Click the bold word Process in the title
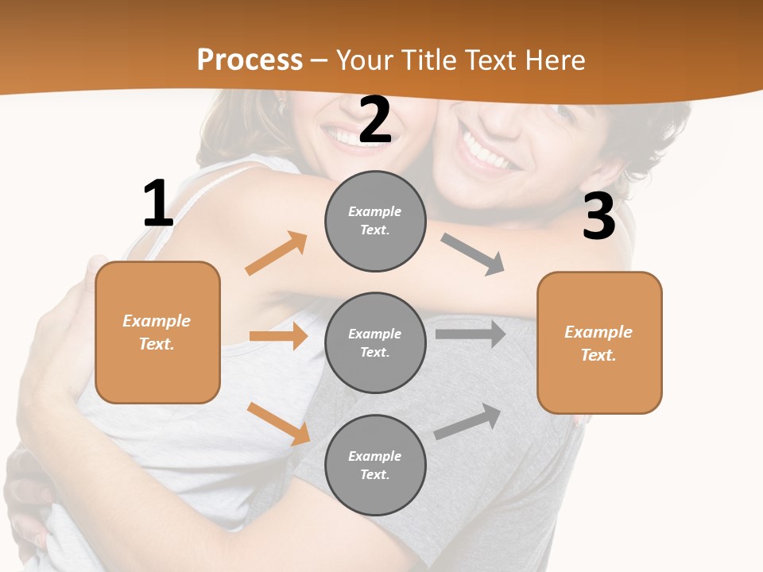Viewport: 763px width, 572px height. (x=250, y=60)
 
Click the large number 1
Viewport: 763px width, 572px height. (x=158, y=204)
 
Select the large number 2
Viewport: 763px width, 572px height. (x=375, y=120)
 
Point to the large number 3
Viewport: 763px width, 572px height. (x=598, y=216)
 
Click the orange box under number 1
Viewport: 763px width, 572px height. (x=157, y=332)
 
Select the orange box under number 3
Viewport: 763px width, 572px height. (x=599, y=342)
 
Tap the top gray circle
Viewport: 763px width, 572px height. (x=375, y=221)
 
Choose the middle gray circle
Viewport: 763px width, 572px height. (x=375, y=342)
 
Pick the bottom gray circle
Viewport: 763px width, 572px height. (x=375, y=465)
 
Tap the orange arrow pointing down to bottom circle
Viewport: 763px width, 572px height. (x=279, y=423)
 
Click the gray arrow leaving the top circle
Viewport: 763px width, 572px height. (x=473, y=254)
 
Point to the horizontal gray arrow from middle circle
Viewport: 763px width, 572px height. (x=470, y=334)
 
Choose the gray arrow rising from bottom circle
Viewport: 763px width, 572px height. (x=468, y=422)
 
